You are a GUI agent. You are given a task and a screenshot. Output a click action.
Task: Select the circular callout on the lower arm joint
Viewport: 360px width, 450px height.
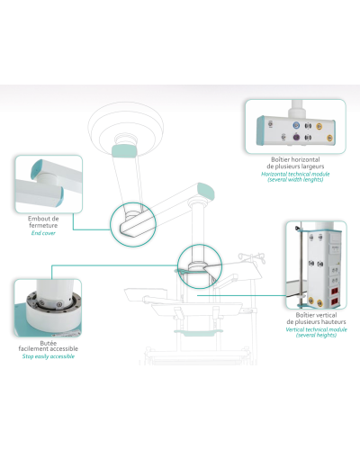tap(195, 268)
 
